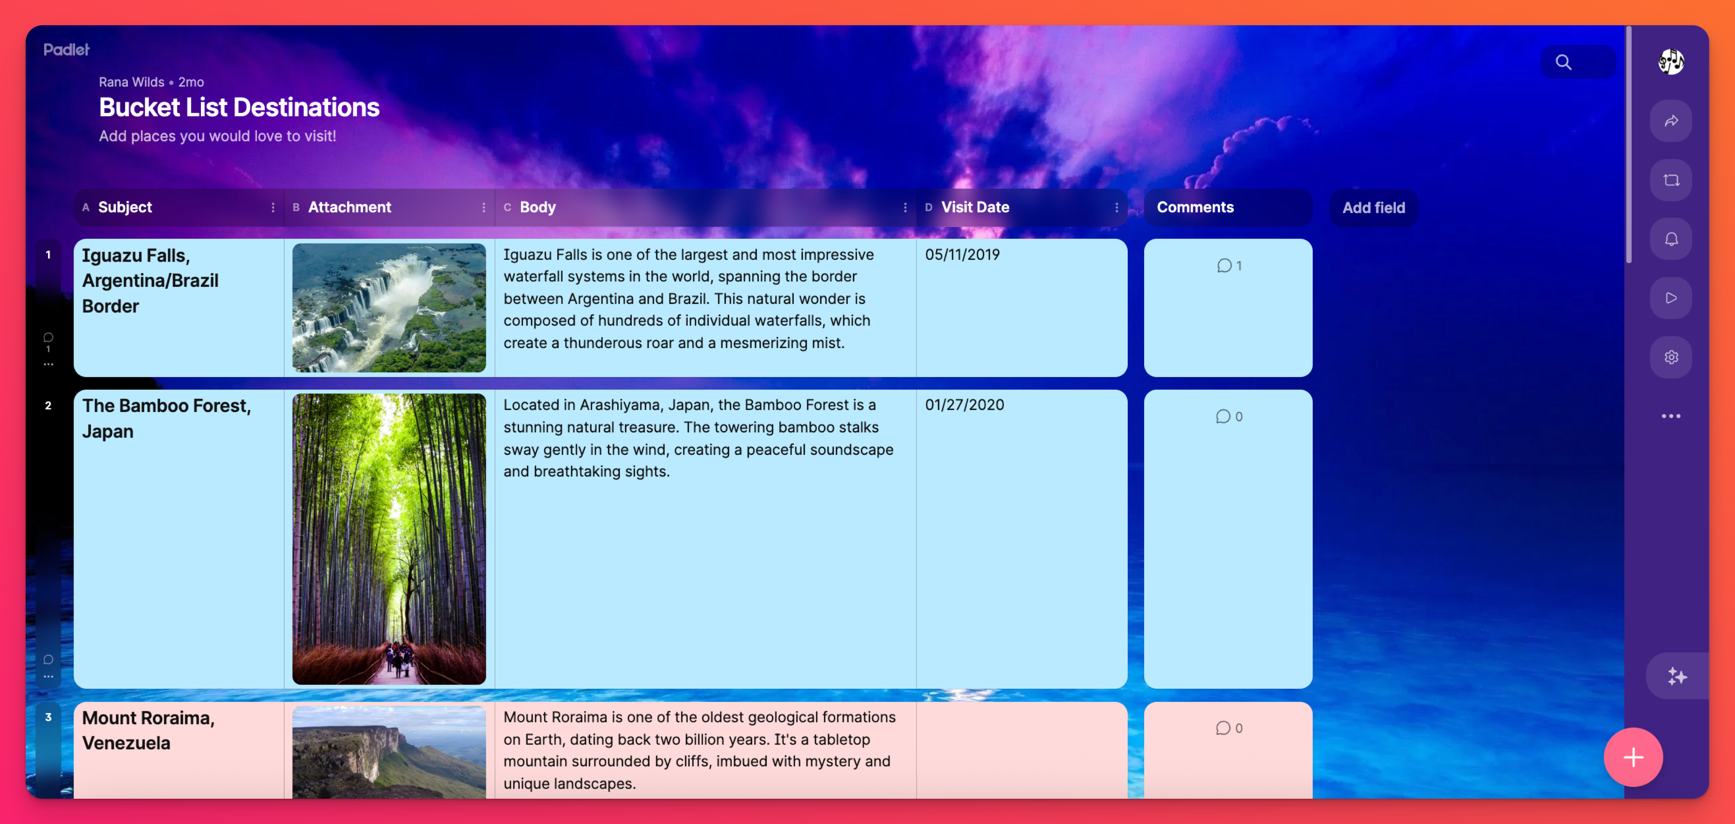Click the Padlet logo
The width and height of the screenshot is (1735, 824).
pos(66,49)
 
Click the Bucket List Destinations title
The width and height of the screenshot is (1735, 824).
pos(239,107)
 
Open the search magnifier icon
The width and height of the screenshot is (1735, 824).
pos(1563,62)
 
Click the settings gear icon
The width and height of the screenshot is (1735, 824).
pos(1671,357)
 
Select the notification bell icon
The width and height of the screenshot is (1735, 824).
pos(1671,239)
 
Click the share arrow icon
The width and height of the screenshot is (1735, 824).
pos(1671,121)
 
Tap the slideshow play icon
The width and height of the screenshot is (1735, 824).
pos(1671,298)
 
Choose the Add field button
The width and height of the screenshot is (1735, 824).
pos(1373,208)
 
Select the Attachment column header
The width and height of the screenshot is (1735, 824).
pos(350,208)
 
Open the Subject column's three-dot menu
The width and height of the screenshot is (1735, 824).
pos(273,208)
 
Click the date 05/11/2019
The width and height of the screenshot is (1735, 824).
pos(962,255)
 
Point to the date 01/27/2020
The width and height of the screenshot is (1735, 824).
pos(964,405)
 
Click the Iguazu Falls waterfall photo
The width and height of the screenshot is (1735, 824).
pos(389,308)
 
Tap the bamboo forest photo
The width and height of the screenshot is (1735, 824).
pos(389,539)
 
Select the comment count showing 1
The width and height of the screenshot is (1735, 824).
pos(1229,265)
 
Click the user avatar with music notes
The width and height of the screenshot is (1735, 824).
pos(1671,62)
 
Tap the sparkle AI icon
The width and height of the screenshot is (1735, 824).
pos(1676,676)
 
